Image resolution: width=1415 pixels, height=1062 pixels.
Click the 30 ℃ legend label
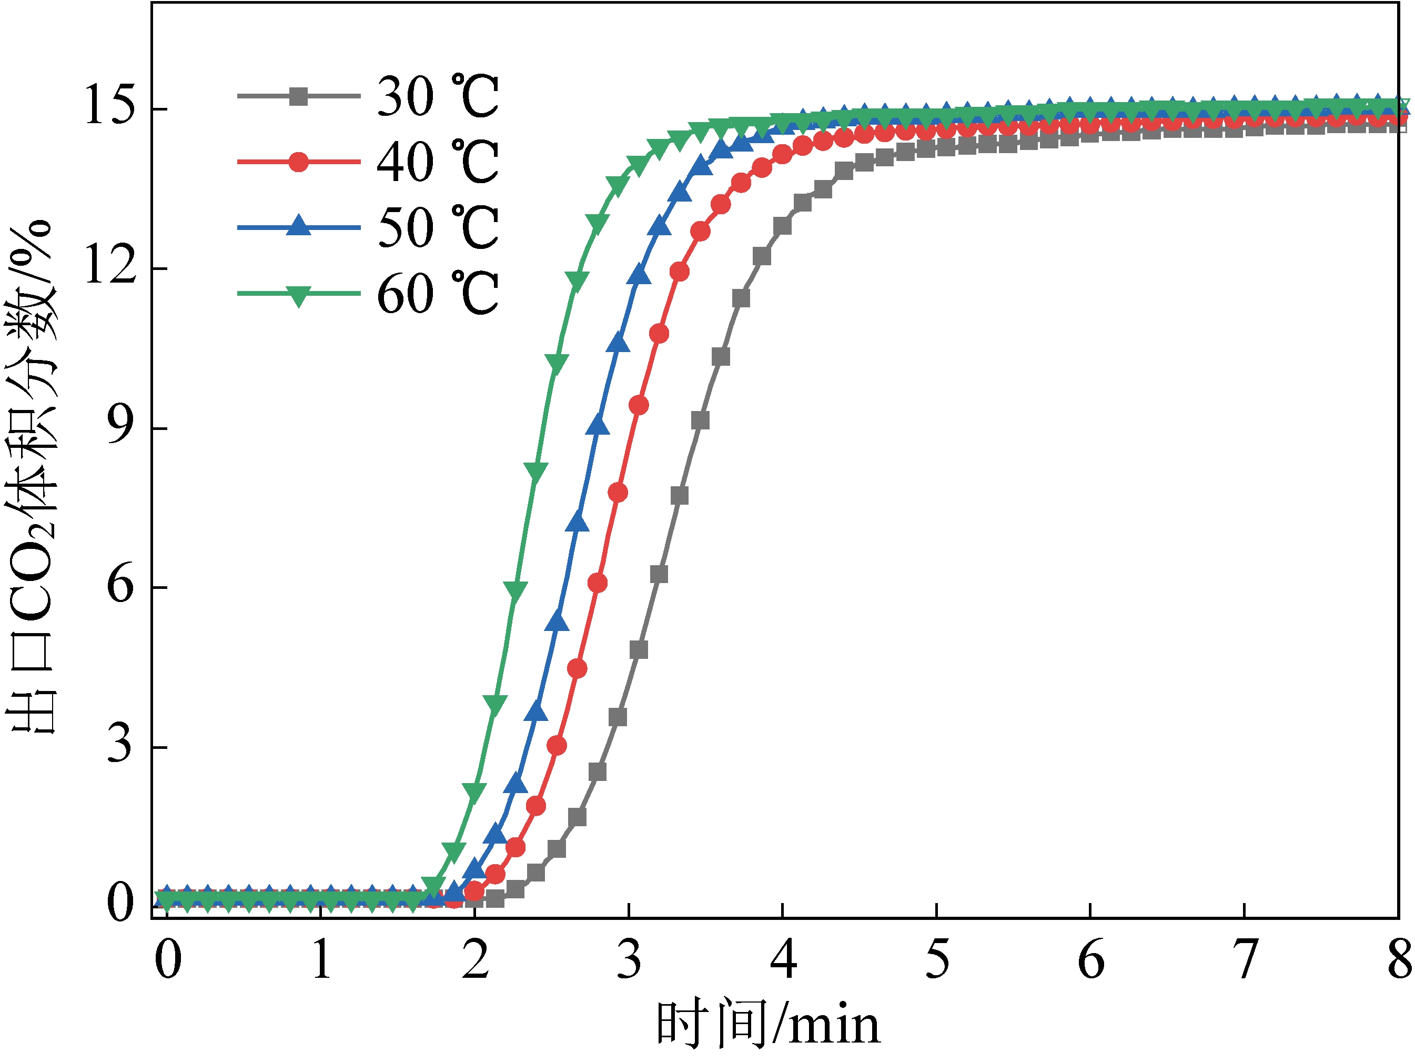438,97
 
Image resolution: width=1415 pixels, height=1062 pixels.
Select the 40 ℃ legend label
438,162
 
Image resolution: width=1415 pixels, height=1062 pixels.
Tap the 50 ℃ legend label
438,228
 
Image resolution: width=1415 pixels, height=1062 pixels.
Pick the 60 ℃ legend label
438,294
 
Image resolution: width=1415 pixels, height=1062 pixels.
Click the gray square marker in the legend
298,97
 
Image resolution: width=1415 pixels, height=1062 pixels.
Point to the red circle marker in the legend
298,162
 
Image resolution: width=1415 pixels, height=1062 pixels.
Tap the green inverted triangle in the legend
298,295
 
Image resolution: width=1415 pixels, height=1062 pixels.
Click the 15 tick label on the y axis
109,106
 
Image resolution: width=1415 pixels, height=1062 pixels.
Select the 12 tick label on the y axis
109,266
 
